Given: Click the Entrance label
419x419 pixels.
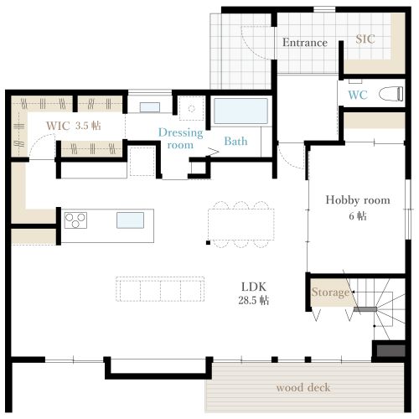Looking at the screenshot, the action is coord(305,43).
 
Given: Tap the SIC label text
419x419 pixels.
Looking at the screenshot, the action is coord(365,39).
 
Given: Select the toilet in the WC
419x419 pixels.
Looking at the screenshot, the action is coord(391,94).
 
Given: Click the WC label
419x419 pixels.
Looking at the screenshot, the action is coord(358,95).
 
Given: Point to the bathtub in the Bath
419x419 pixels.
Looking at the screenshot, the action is coord(241,111).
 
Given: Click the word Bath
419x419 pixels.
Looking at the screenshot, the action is coord(235,142).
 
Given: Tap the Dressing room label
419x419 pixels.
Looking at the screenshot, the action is coord(180,139).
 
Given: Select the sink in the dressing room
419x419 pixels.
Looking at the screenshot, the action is coord(150,107).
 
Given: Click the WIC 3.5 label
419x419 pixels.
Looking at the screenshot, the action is coord(74,126).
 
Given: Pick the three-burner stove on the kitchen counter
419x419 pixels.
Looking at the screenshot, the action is coord(75,220).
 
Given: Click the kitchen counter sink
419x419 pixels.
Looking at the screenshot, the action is coord(130,220).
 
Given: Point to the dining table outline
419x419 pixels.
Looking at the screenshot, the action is coord(241,225).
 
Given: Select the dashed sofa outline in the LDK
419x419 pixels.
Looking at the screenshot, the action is coord(160,289).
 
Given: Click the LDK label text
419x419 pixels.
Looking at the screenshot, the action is coord(254,287).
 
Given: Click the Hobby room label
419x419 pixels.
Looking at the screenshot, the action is coord(358,200).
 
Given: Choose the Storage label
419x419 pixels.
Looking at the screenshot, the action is coord(330,292).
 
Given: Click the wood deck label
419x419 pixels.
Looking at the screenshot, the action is coord(303,388).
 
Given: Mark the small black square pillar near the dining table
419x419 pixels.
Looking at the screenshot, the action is coord(208,243).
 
